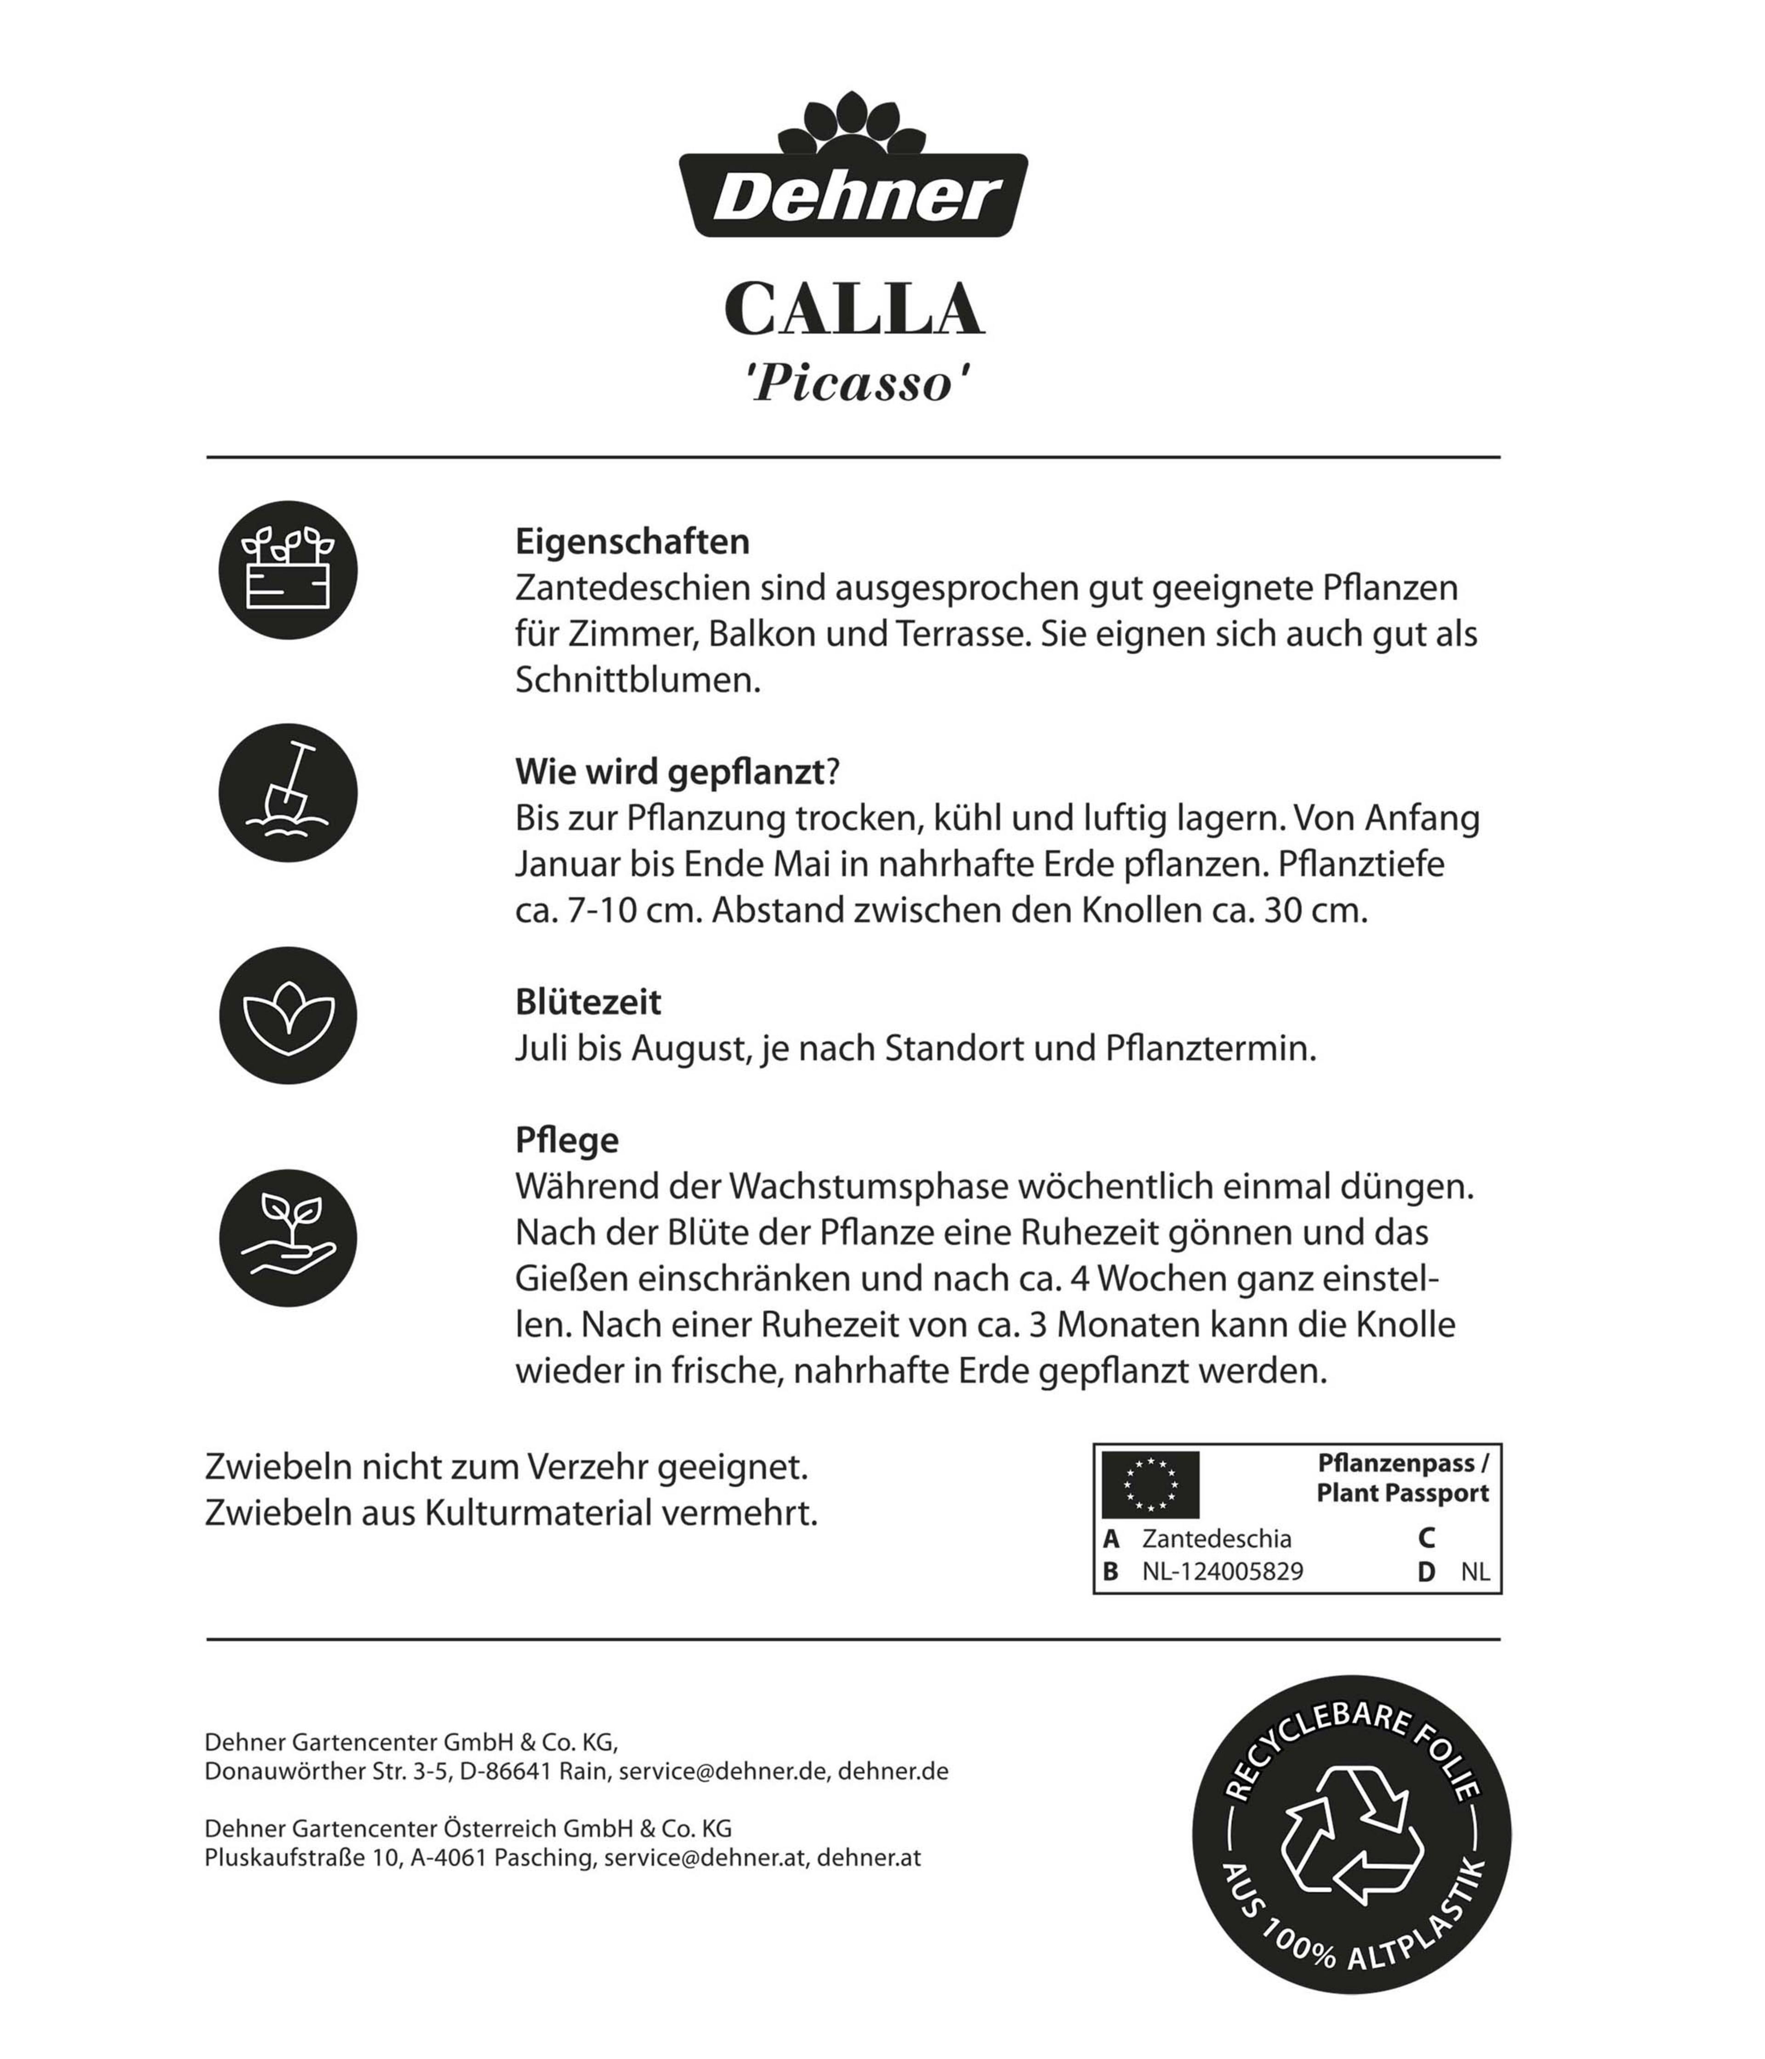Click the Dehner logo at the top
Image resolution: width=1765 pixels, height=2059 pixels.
coord(853,169)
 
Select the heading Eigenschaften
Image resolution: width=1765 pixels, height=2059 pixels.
coord(632,541)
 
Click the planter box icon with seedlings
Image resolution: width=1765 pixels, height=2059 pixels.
coord(288,570)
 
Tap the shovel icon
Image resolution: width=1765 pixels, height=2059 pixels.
coord(288,793)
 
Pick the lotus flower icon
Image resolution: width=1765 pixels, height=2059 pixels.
coord(288,1016)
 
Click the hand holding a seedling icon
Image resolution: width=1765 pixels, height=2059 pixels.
coord(288,1238)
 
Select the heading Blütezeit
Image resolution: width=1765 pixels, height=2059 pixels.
coord(587,1001)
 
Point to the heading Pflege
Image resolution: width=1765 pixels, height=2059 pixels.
coord(566,1140)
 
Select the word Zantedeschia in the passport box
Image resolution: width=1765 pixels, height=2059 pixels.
coord(1216,1538)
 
